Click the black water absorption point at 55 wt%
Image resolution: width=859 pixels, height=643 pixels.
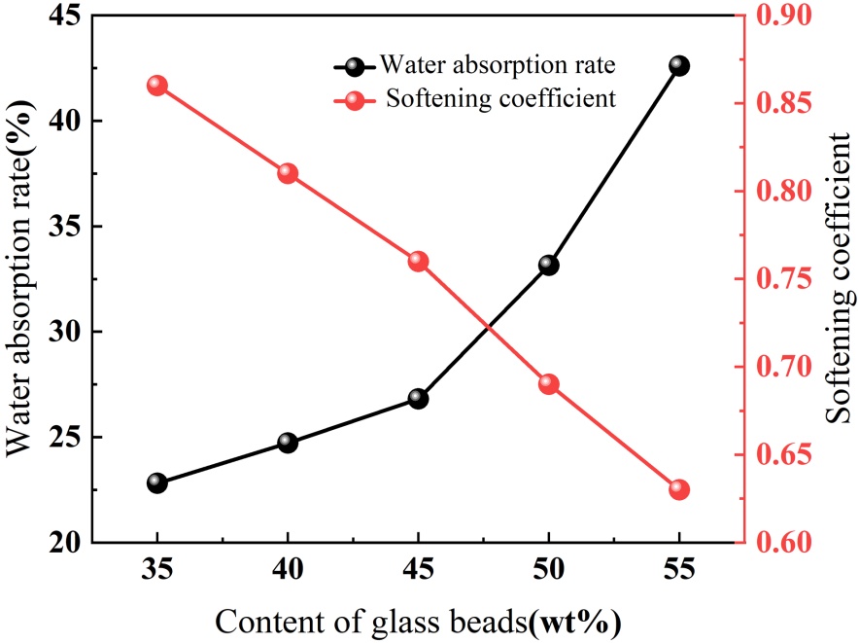pos(679,66)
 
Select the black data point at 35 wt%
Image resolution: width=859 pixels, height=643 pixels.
pos(157,482)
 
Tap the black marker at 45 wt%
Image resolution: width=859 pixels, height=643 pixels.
pos(419,398)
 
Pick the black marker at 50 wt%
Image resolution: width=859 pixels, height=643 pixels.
pos(548,265)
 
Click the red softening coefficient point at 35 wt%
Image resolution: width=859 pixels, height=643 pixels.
pos(157,86)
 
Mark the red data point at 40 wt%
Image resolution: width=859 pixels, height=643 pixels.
pos(288,173)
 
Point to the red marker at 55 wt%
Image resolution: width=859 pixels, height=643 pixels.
pos(679,489)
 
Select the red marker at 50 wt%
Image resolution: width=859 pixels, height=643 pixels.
pos(548,383)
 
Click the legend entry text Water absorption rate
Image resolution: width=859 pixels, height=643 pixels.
pos(498,66)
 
